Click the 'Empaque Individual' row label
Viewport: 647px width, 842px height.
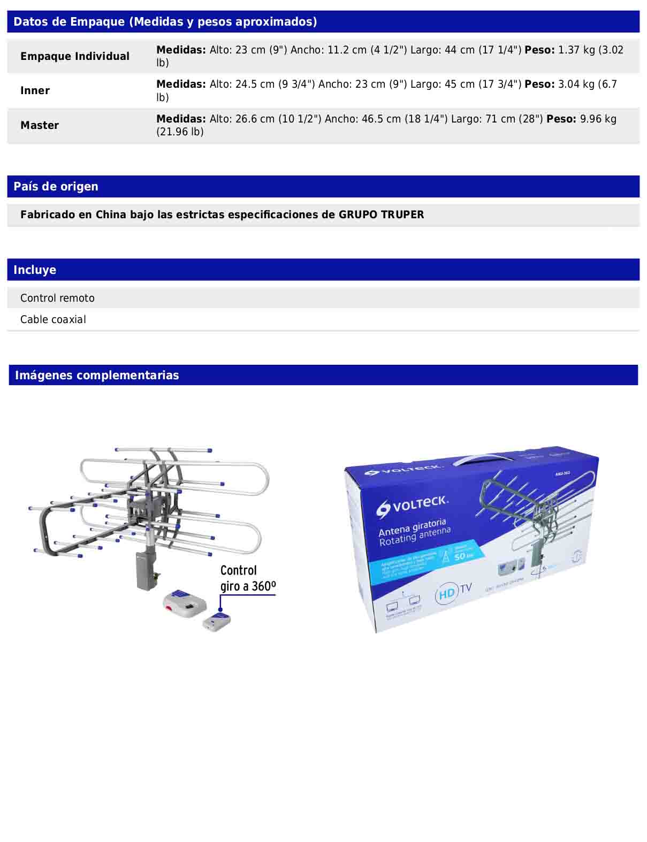point(75,56)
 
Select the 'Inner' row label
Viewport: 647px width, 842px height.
point(35,90)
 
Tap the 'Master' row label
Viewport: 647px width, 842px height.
point(40,125)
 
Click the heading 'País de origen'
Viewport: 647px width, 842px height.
point(56,186)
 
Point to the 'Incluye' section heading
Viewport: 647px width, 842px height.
point(35,270)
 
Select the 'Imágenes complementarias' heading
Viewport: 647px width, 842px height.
point(97,375)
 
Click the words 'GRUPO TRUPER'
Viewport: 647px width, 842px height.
point(381,215)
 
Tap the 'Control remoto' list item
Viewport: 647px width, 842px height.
point(57,298)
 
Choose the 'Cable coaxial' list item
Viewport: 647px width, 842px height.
point(53,319)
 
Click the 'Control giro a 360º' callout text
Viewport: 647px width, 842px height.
point(248,578)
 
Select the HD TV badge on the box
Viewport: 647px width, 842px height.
point(453,592)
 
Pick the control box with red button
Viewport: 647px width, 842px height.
point(185,601)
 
